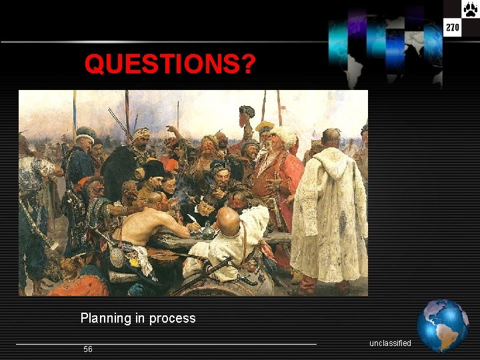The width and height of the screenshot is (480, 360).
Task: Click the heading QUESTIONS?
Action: click(x=170, y=65)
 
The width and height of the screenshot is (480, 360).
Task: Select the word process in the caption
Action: click(x=173, y=318)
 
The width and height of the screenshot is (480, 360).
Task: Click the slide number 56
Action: click(x=88, y=349)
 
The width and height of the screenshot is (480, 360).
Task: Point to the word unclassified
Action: click(x=390, y=343)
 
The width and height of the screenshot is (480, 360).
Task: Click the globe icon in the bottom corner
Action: click(x=442, y=325)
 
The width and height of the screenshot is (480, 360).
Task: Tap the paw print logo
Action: click(x=470, y=9)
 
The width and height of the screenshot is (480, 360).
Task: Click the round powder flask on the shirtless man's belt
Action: click(x=117, y=257)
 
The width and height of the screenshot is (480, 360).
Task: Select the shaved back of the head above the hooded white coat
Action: click(x=331, y=138)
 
